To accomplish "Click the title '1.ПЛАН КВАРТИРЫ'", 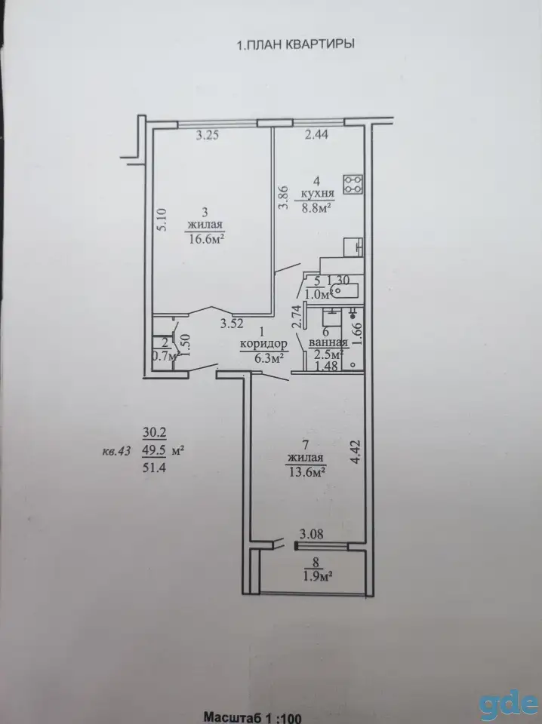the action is click(296, 44).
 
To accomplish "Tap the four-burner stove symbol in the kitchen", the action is click(353, 184).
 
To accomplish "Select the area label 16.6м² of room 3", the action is click(207, 238).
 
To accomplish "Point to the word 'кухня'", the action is click(318, 194).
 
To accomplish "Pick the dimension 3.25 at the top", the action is click(207, 135).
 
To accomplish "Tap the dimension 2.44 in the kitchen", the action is click(316, 135).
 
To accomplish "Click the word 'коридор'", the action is click(263, 344).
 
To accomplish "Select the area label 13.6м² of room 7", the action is click(306, 471).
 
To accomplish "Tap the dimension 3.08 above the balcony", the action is click(312, 535).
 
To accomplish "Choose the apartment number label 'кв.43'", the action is click(116, 451).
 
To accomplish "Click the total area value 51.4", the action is click(154, 468).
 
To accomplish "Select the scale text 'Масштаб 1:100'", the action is click(253, 717).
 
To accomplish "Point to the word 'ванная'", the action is click(328, 343).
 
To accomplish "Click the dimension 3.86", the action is click(284, 198).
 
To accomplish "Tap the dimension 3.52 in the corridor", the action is click(232, 324).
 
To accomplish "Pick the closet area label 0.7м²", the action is click(166, 356).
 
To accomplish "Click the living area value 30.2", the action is click(154, 433).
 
